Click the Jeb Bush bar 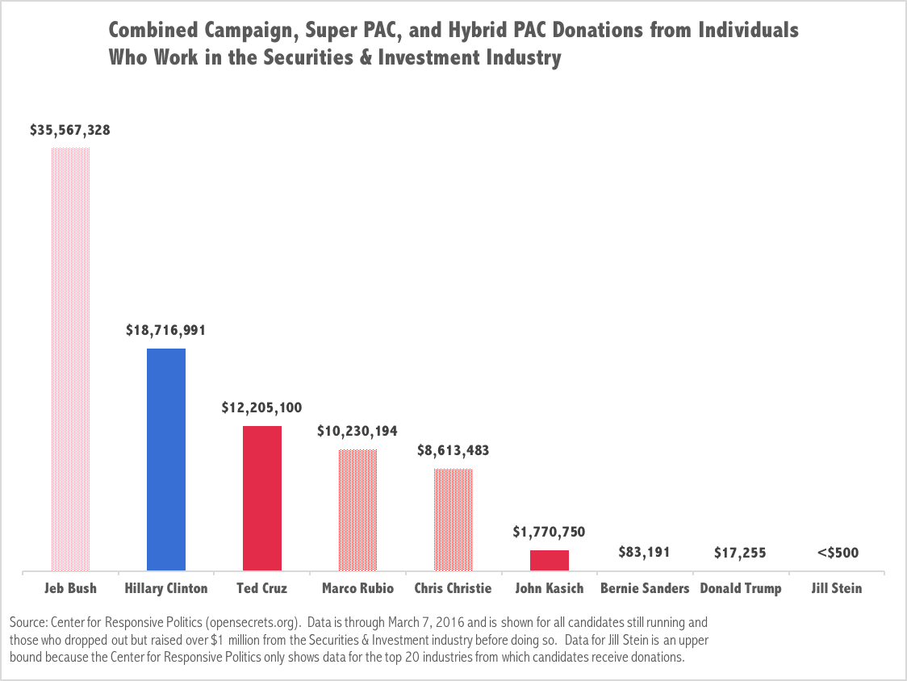[70, 359]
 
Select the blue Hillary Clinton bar [166, 459]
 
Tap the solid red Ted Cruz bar [262, 498]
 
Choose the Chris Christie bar [453, 520]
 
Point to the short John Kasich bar [550, 560]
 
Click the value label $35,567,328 [70, 130]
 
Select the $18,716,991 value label [166, 331]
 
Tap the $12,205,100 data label [262, 408]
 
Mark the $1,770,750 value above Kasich [550, 532]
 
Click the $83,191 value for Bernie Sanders [645, 553]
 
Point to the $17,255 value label [740, 553]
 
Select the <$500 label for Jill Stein [836, 553]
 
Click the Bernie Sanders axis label [645, 588]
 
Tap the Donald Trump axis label [740, 588]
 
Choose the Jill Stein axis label [836, 588]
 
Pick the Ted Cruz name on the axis [262, 588]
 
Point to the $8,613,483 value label [453, 450]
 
